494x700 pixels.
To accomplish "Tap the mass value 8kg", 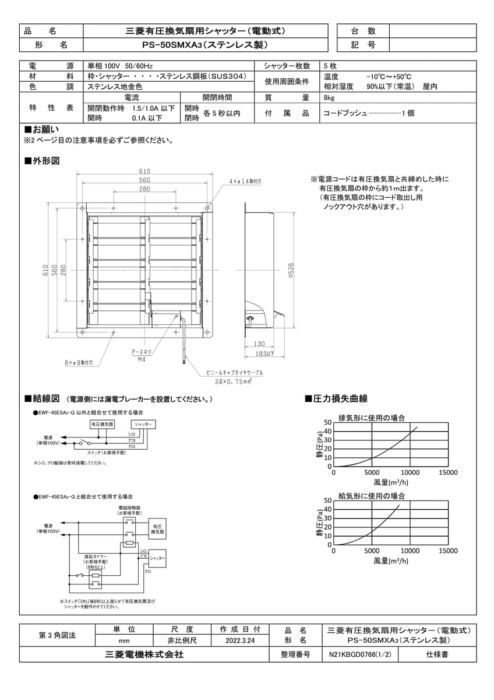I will [329, 98].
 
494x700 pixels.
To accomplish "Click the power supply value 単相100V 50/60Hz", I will [120, 66].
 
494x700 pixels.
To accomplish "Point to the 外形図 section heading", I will [42, 160].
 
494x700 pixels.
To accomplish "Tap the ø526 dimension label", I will [290, 270].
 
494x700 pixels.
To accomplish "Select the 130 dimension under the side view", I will [259, 344].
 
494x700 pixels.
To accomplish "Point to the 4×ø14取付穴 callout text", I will [245, 182].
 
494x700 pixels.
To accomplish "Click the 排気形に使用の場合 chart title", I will [372, 418].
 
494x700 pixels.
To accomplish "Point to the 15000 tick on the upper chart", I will [448, 473].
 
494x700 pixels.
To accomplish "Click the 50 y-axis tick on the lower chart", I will [327, 500].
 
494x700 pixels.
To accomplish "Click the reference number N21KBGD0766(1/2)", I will [359, 655].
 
